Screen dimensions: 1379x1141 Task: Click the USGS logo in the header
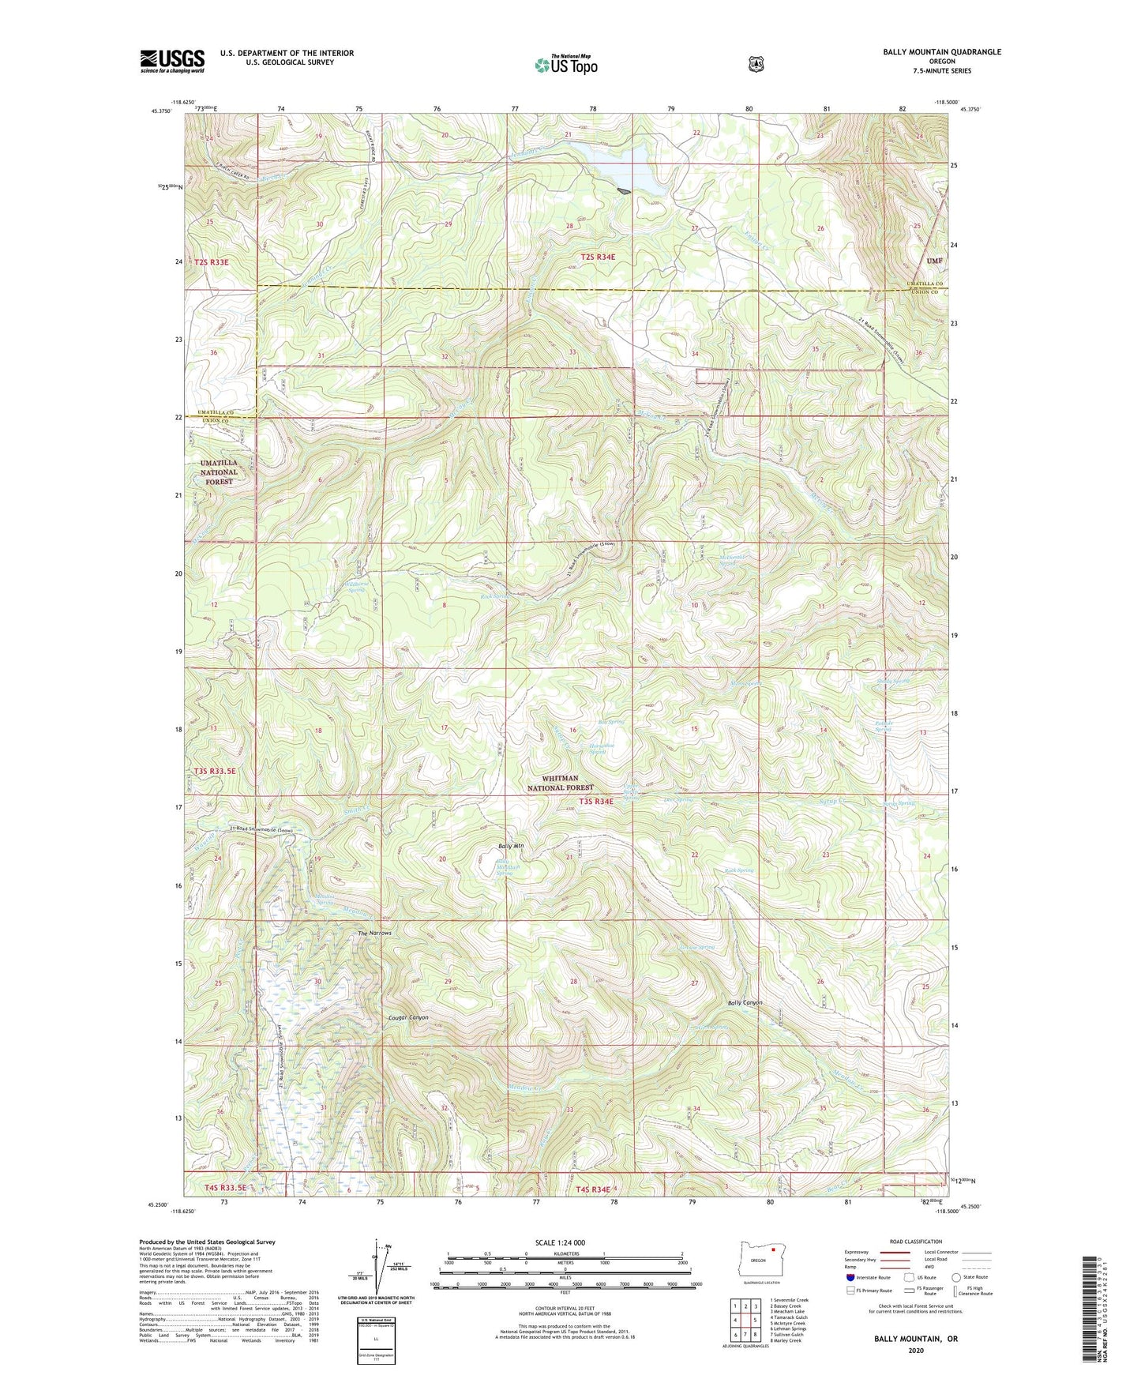tap(172, 61)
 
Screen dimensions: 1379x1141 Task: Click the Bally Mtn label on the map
tap(511, 847)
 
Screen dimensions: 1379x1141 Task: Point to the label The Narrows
tap(374, 934)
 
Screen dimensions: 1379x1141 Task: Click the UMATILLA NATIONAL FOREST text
tap(219, 472)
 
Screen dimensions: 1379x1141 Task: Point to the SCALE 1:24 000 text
tap(560, 1242)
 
